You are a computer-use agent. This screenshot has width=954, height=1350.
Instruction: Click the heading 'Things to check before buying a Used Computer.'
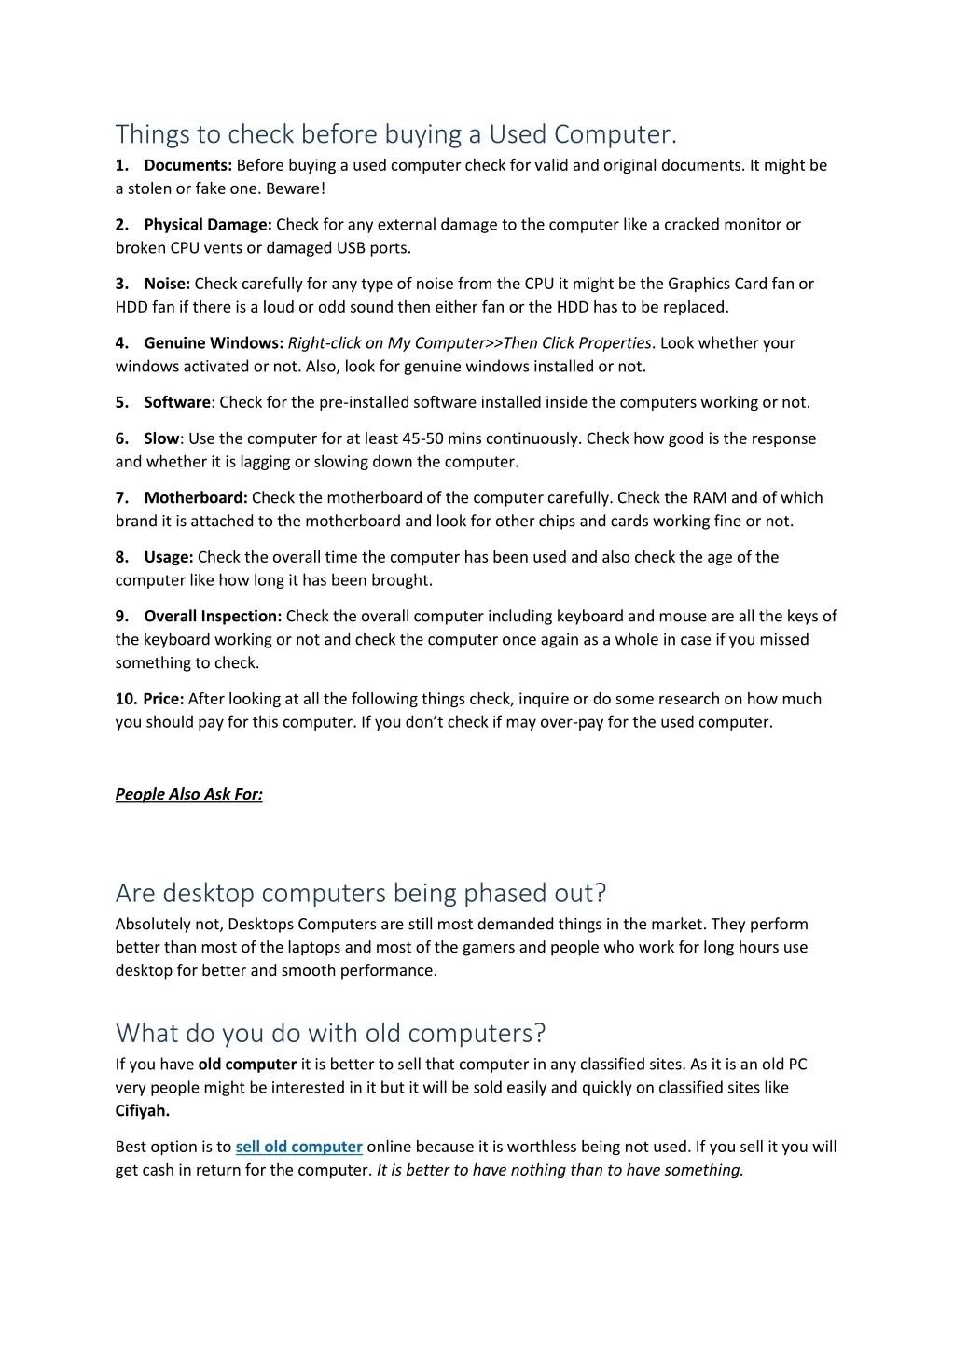click(x=395, y=134)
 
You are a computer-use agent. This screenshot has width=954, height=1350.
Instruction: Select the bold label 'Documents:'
click(x=187, y=165)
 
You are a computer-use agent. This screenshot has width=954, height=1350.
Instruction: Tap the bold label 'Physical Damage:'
click(x=208, y=225)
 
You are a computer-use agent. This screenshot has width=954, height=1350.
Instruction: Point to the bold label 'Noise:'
click(x=167, y=284)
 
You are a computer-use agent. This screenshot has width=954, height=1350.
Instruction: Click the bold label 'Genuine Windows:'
click(x=214, y=343)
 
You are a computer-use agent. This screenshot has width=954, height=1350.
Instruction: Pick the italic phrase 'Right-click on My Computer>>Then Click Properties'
click(x=469, y=343)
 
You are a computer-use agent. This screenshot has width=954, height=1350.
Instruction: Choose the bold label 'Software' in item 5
click(x=177, y=402)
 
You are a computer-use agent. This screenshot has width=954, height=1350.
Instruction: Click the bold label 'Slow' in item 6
click(x=161, y=438)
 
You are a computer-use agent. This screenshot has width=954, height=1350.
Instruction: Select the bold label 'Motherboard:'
click(x=196, y=498)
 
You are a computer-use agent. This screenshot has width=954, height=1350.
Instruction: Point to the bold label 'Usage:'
click(x=169, y=557)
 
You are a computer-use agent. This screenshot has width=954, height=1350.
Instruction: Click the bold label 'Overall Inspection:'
click(x=213, y=617)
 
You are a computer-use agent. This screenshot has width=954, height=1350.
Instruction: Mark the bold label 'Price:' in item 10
click(x=164, y=699)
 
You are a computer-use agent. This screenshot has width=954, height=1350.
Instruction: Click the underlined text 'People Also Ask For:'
click(x=189, y=795)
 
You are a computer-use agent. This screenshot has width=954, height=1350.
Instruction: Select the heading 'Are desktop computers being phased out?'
click(x=361, y=893)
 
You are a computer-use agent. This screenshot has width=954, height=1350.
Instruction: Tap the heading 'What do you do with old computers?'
click(x=330, y=1033)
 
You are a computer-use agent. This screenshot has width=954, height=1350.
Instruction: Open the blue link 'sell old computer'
click(x=298, y=1147)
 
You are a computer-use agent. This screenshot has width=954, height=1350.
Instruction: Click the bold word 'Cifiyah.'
click(x=143, y=1110)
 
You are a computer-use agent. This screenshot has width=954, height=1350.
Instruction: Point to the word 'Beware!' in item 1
click(x=296, y=188)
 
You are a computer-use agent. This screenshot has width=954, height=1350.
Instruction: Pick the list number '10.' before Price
click(x=127, y=699)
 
